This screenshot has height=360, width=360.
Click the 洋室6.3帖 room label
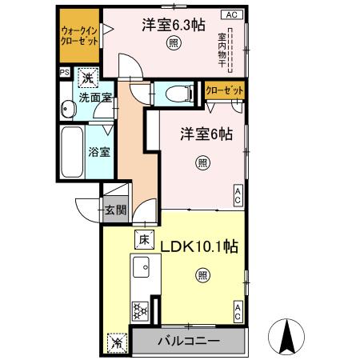tap(170, 25)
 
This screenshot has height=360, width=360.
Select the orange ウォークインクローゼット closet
tap(78, 37)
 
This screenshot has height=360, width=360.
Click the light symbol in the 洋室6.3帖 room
tap(173, 45)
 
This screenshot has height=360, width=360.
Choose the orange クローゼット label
tap(224, 91)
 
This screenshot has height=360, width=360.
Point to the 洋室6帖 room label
tap(206, 135)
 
